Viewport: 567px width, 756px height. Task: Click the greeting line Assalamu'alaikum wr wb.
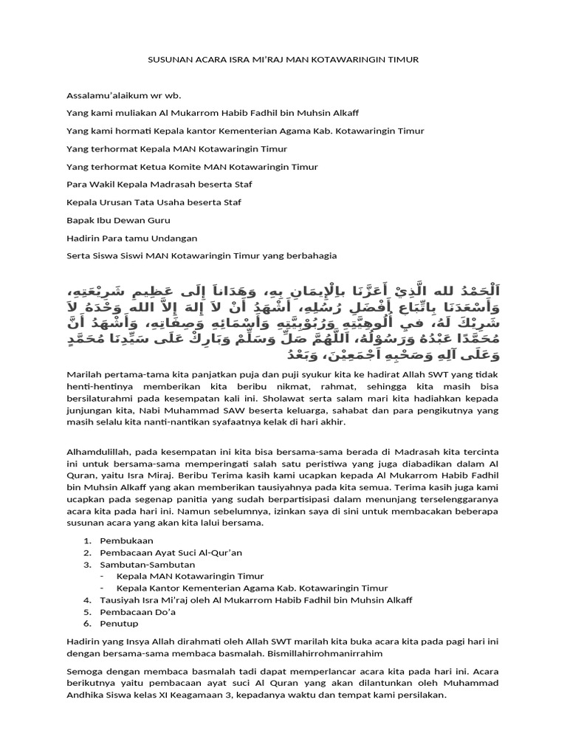123,95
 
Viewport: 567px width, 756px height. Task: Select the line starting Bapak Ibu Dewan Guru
118,219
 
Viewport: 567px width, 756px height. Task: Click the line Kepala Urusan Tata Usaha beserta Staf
154,202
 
